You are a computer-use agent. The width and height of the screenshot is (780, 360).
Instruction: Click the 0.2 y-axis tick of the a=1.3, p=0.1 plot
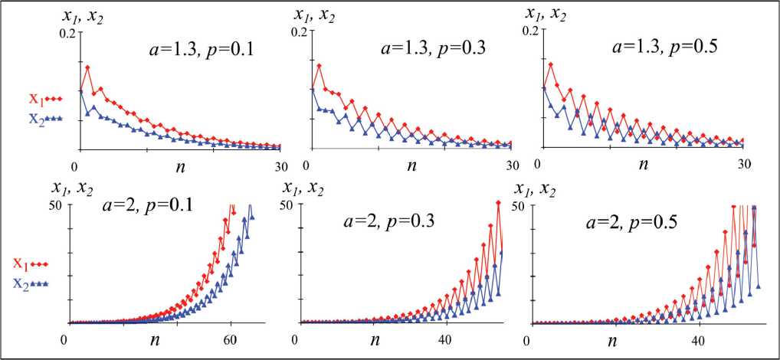click(67, 32)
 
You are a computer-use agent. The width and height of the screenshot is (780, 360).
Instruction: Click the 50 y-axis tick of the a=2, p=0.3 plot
click(286, 205)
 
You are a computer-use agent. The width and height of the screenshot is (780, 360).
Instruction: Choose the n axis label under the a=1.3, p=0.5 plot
click(643, 164)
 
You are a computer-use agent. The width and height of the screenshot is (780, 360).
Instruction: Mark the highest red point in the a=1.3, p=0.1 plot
click(88, 67)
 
